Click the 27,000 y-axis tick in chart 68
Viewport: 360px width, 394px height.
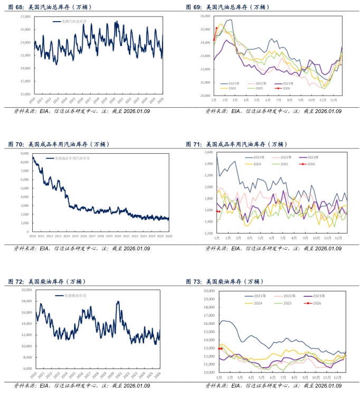(x=23, y=16)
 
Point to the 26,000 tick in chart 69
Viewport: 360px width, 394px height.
(x=205, y=16)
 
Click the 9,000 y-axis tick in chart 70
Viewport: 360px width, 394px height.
(x=24, y=153)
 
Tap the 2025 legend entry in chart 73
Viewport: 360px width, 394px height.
(x=289, y=303)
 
